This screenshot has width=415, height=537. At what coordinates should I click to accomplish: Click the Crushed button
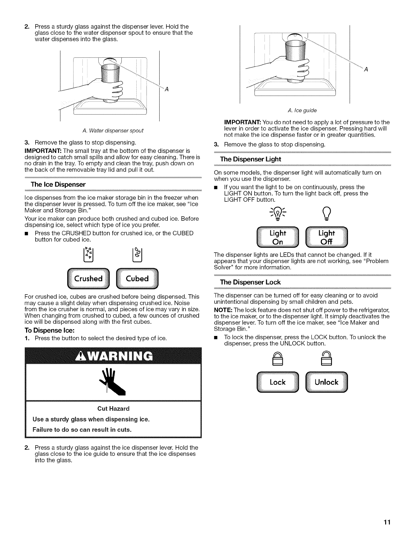click(x=88, y=279)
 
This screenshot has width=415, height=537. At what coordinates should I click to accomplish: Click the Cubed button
click(x=137, y=279)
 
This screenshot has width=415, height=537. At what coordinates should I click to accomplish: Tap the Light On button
click(x=278, y=237)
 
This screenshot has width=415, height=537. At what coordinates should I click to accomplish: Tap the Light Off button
click(x=327, y=237)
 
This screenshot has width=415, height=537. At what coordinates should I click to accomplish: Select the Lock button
click(x=278, y=382)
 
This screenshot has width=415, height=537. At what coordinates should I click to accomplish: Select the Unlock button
click(x=327, y=382)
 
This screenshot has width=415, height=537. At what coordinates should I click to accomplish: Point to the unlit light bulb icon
click(x=327, y=214)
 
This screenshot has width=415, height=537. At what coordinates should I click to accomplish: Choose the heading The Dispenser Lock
click(x=251, y=282)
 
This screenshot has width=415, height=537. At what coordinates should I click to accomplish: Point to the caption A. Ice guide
click(x=302, y=110)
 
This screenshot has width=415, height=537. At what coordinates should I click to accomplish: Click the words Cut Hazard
click(x=113, y=409)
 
